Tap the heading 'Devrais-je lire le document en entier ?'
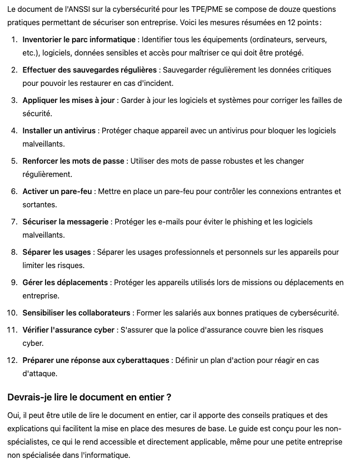pos(89,397)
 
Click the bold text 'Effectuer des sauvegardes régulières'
pos(89,70)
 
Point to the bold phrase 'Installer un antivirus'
pos(59,131)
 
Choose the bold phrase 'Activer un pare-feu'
pos(57,192)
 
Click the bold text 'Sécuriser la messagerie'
pos(66,222)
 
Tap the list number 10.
pos(12,313)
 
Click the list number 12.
pos(12,361)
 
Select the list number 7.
pos(14,222)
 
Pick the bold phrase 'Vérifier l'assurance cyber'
pos(68,330)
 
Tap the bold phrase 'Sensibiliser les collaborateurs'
pos(76,313)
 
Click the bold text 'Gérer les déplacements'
pos(65,283)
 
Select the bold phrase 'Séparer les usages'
pos(57,252)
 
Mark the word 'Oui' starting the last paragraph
pos(13,416)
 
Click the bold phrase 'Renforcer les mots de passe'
pos(73,161)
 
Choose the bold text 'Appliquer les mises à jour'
pos(68,101)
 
